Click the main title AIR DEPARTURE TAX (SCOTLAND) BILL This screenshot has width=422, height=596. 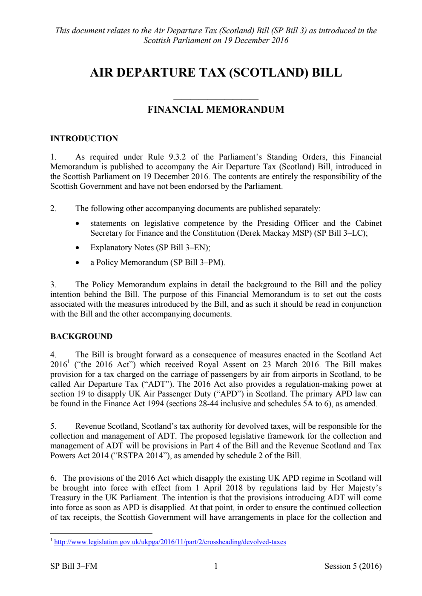pos(216,73)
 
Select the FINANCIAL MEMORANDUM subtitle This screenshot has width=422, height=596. pos(216,110)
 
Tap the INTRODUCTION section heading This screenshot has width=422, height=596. pos(84,139)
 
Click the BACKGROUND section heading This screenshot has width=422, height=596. pos(81,336)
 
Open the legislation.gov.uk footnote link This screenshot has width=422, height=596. pos(170,542)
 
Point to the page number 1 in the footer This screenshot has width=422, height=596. pos(216,566)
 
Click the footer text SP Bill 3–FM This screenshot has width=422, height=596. pos(74,566)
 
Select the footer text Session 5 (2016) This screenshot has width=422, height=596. pos(353,566)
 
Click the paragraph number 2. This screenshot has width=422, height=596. pos(53,208)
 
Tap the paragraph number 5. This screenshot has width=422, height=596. pos(53,426)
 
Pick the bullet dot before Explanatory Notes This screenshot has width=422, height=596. pos(77,248)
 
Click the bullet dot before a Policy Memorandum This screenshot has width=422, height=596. pos(77,263)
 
